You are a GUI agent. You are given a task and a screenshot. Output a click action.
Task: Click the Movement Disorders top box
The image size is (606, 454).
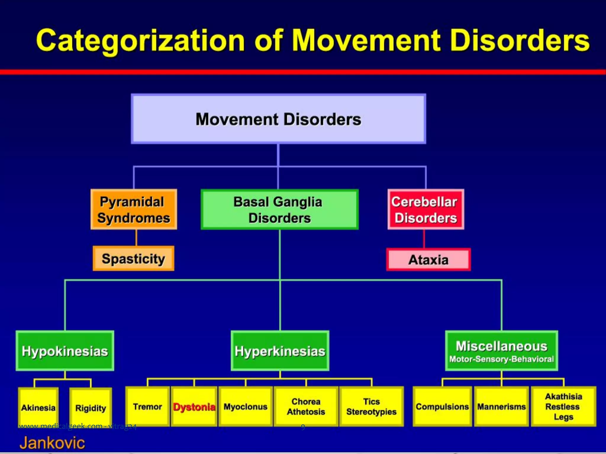point(278,119)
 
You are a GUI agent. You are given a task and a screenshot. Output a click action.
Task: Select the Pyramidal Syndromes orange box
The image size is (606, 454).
point(134,210)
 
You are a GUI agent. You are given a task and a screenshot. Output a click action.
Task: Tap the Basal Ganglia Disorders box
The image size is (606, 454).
point(279,210)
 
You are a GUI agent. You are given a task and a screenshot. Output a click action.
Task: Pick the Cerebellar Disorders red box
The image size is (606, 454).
point(426,210)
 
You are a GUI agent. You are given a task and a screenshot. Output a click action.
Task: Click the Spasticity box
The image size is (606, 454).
point(133,259)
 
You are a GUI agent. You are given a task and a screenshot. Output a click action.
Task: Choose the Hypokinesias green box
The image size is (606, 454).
point(65,351)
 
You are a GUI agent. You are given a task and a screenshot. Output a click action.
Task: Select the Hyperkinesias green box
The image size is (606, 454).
point(280,351)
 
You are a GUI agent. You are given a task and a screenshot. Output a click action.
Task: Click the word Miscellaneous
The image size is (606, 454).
point(501,346)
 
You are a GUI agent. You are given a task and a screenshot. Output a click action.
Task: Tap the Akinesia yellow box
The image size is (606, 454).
point(38,408)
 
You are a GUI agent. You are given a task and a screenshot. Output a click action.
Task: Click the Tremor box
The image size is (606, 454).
point(147,407)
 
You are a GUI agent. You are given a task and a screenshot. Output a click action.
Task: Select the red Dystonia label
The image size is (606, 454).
point(194,407)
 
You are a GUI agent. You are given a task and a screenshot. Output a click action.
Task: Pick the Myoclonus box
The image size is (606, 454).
point(245,407)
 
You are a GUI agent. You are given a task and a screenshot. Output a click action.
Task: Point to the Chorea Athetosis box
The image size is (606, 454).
point(306,407)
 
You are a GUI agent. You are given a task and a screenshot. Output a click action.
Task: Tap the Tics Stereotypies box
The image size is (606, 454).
point(371,407)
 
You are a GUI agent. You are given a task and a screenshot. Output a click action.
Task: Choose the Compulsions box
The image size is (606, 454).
point(442,407)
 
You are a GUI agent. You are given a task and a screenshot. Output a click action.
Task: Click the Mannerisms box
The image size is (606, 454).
point(501,407)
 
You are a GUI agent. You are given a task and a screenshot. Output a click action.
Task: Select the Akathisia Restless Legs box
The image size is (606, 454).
point(563,407)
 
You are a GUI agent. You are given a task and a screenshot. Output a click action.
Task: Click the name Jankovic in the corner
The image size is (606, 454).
point(52,443)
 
